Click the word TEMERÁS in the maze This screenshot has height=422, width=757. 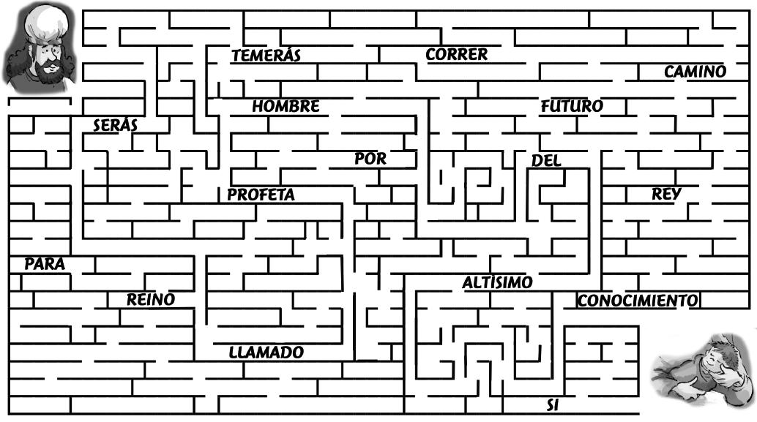click(x=266, y=56)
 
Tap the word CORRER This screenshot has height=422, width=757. click(x=456, y=54)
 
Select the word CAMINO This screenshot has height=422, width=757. click(x=695, y=72)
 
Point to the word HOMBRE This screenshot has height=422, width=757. click(x=286, y=107)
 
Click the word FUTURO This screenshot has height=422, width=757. click(x=571, y=107)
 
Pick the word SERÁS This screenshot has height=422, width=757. click(x=115, y=126)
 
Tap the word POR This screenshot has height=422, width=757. click(x=370, y=159)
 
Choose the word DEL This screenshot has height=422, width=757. click(x=546, y=161)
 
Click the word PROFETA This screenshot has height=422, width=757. click(x=261, y=195)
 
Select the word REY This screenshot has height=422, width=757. click(x=666, y=195)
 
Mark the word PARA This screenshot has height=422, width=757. click(x=45, y=265)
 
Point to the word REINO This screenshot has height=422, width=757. click(x=151, y=299)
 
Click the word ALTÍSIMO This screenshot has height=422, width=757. click(x=497, y=282)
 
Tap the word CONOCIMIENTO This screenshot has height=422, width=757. click(x=637, y=301)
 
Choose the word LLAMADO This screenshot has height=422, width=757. click(x=266, y=353)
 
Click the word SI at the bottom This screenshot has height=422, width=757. click(x=553, y=404)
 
